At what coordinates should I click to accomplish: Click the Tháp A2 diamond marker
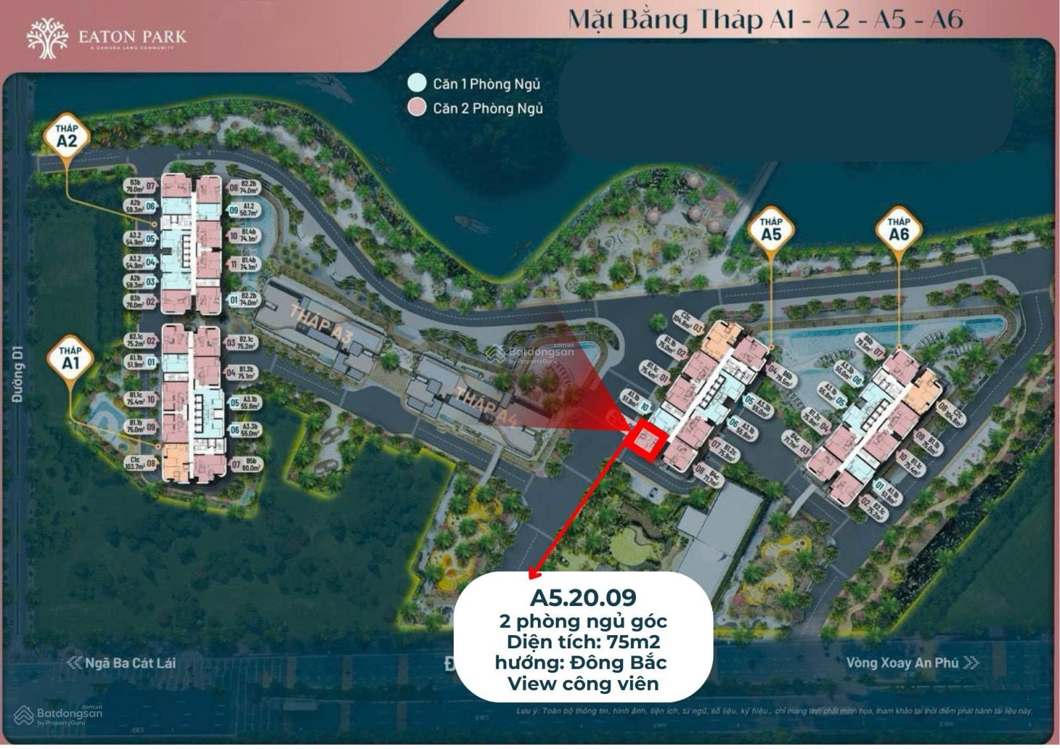click(x=66, y=136)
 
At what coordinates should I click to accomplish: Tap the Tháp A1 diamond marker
click(x=70, y=360)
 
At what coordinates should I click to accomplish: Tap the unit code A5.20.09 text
click(x=583, y=597)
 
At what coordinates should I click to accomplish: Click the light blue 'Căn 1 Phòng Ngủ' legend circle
click(x=417, y=83)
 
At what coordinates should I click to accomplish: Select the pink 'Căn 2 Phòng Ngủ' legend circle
click(x=417, y=108)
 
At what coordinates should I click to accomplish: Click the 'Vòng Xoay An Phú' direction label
click(x=902, y=663)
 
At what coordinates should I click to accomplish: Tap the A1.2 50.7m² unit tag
click(x=243, y=211)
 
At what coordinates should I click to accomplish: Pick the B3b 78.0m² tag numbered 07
click(x=141, y=187)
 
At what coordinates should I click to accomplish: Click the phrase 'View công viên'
click(x=583, y=683)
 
